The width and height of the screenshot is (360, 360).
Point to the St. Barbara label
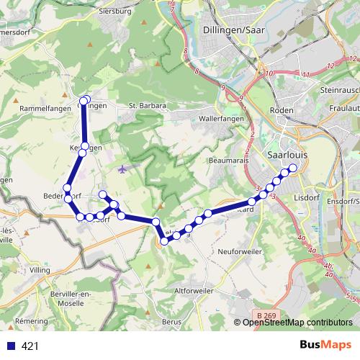148,106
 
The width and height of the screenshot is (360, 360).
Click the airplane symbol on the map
122,169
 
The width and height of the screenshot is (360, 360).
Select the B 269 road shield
265,315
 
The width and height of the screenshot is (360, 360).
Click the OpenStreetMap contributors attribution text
298,323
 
